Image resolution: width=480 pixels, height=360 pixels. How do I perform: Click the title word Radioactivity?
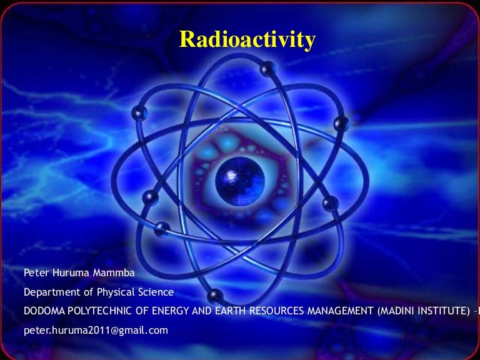pyautogui.click(x=247, y=39)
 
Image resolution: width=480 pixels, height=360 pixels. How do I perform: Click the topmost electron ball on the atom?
pyautogui.click(x=267, y=67)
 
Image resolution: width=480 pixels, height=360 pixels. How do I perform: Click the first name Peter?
pyautogui.click(x=36, y=273)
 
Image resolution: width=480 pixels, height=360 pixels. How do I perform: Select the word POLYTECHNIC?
pyautogui.click(x=99, y=311)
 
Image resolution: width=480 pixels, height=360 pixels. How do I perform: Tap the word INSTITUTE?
pyautogui.click(x=445, y=311)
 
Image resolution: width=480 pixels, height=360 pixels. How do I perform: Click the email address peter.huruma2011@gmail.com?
pyautogui.click(x=96, y=330)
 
